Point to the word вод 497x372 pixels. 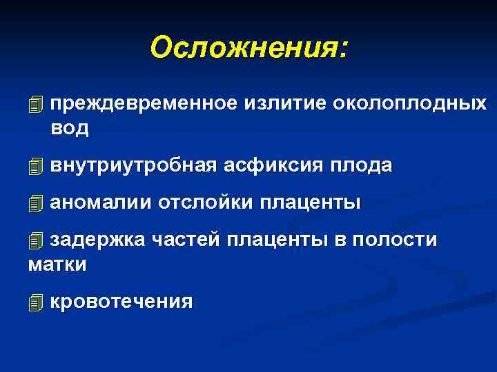click(70, 128)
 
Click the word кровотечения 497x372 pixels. click(121, 301)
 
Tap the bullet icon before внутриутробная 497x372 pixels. click(36, 166)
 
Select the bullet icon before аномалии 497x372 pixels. click(36, 204)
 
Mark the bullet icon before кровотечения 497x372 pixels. click(36, 302)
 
